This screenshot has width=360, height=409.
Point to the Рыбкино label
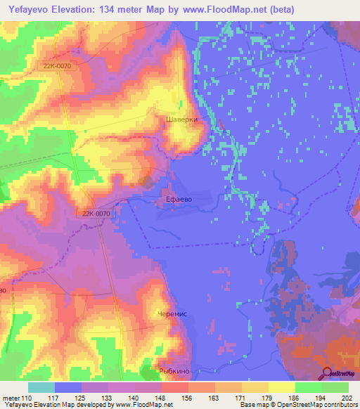coord(175,370)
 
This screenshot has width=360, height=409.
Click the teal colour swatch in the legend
coord(41,387)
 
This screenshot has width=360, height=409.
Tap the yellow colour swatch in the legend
coord(281,387)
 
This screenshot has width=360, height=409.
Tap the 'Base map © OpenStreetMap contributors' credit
coord(297,405)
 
